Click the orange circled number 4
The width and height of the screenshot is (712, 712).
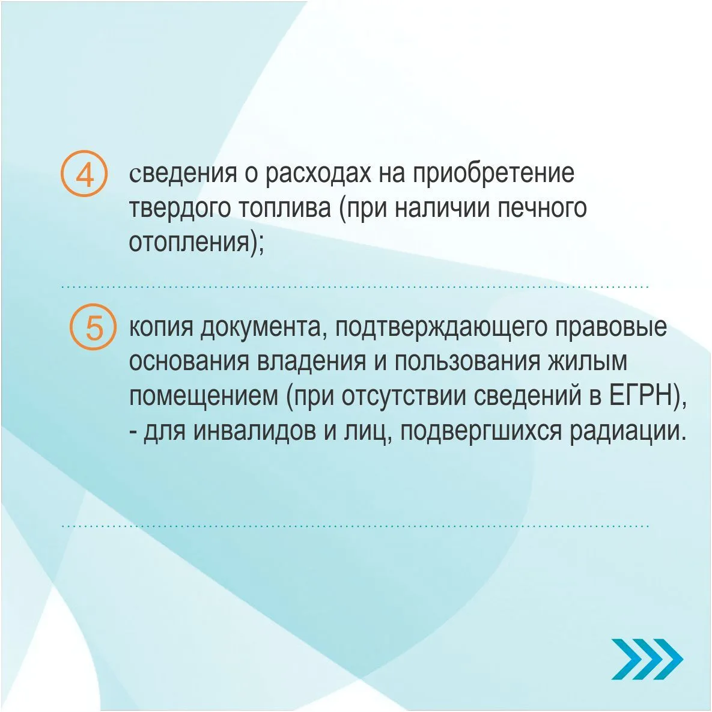(x=84, y=174)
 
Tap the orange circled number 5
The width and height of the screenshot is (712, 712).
(x=93, y=326)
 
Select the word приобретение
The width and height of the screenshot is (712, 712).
(x=493, y=174)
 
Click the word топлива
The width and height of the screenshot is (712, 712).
(x=285, y=208)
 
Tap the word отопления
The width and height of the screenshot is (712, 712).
(x=190, y=243)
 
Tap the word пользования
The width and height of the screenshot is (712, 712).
(x=467, y=362)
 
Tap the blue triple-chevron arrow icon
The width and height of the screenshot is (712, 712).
(x=647, y=659)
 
